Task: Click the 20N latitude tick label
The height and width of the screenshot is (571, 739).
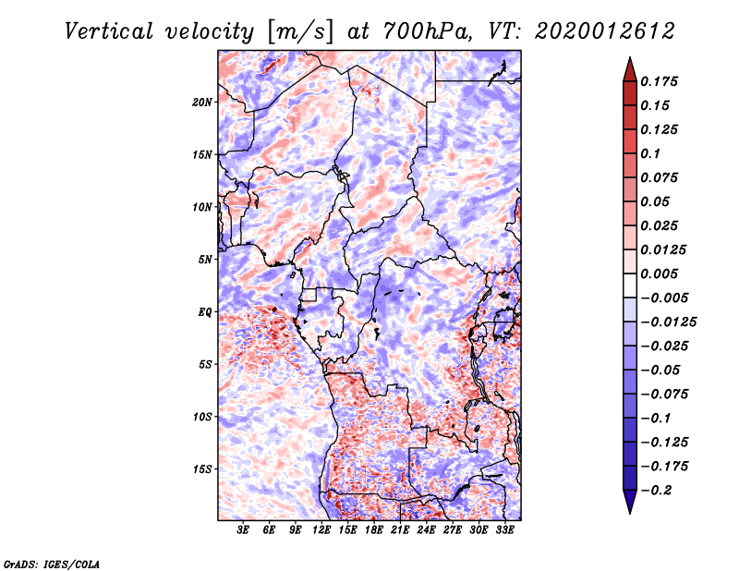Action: pyautogui.click(x=202, y=103)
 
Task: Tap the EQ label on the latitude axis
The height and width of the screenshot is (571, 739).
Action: pyautogui.click(x=204, y=312)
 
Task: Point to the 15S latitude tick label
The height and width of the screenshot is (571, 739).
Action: pyautogui.click(x=202, y=469)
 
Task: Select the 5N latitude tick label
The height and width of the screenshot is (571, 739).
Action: pyautogui.click(x=205, y=260)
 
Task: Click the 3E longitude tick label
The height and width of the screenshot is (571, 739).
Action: pyautogui.click(x=243, y=529)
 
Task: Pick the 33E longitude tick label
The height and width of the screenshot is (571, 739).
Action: pyautogui.click(x=504, y=529)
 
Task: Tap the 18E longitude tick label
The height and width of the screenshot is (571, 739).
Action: pyautogui.click(x=374, y=529)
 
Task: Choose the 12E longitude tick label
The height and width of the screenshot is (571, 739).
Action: pyautogui.click(x=321, y=529)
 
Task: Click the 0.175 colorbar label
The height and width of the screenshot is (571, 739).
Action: pyautogui.click(x=659, y=81)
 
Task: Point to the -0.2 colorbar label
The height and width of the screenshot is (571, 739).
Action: pyautogui.click(x=656, y=491)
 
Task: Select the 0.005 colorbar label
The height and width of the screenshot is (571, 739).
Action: pyautogui.click(x=659, y=273)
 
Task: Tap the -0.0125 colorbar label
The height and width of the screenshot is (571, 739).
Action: pyautogui.click(x=668, y=322)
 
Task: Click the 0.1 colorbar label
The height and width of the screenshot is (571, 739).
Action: pyautogui.click(x=650, y=153)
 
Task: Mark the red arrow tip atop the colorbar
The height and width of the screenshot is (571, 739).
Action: pyautogui.click(x=630, y=57)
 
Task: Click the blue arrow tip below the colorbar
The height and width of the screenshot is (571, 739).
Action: pyautogui.click(x=630, y=513)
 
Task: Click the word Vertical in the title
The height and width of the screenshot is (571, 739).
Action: pyautogui.click(x=109, y=31)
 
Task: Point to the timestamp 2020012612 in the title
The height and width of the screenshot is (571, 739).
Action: pyautogui.click(x=605, y=31)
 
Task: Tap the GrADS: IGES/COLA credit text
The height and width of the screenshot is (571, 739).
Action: pyautogui.click(x=52, y=565)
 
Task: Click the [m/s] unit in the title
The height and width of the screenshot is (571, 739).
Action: pyautogui.click(x=300, y=31)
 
